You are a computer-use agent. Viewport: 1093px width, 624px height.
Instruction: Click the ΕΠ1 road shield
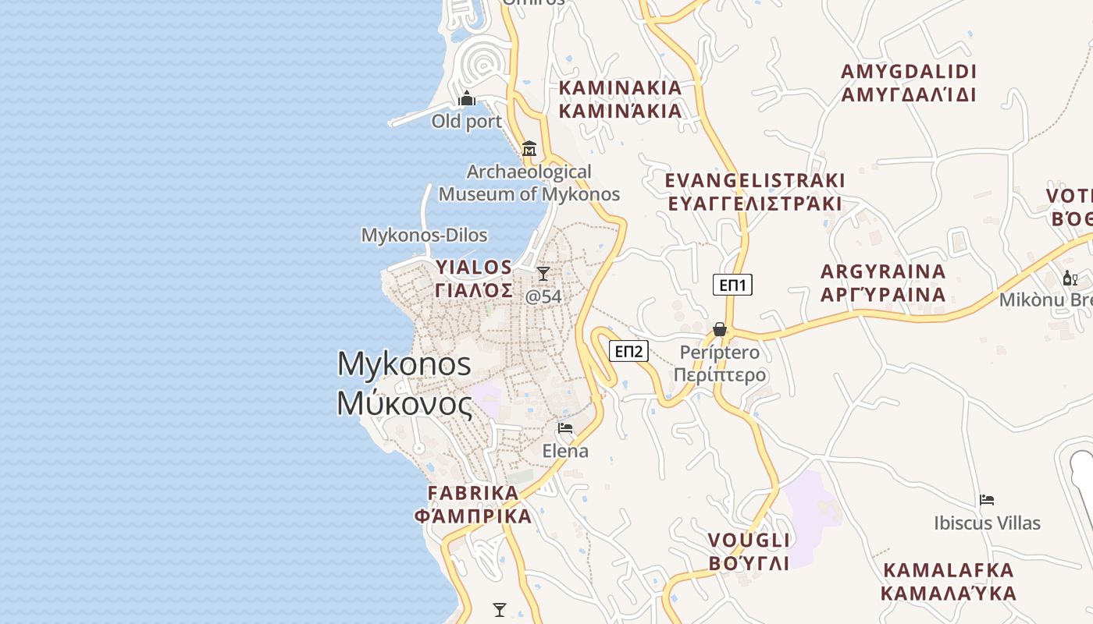pyautogui.click(x=732, y=285)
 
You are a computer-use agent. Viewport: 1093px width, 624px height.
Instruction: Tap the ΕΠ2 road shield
pyautogui.click(x=628, y=351)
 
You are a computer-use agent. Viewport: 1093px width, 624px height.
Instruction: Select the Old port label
pyautogui.click(x=467, y=122)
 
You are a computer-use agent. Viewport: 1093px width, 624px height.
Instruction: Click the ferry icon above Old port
pyautogui.click(x=468, y=98)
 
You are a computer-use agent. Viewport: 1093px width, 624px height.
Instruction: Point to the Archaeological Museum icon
pyautogui.click(x=530, y=148)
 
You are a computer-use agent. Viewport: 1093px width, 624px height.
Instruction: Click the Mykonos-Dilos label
pyautogui.click(x=424, y=235)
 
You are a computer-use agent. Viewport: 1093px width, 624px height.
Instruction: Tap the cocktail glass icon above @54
pyautogui.click(x=543, y=274)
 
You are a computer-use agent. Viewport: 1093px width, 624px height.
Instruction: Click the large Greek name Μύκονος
pyautogui.click(x=404, y=404)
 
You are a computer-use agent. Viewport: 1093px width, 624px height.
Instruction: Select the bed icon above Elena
pyautogui.click(x=565, y=428)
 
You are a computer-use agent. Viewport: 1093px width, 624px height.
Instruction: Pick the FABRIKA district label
pyautogui.click(x=473, y=493)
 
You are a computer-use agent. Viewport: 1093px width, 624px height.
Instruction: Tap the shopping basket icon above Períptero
pyautogui.click(x=720, y=329)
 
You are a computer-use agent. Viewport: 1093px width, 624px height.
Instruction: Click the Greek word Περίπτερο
pyautogui.click(x=720, y=375)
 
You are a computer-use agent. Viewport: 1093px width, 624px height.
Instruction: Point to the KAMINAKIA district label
pyautogui.click(x=621, y=87)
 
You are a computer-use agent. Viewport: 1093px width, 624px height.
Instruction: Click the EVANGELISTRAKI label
pyautogui.click(x=755, y=181)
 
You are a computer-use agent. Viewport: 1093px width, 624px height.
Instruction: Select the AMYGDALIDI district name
pyautogui.click(x=909, y=72)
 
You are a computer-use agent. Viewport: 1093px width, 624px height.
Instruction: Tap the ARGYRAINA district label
pyautogui.click(x=883, y=272)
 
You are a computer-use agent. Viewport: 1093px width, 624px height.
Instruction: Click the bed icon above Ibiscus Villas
pyautogui.click(x=987, y=500)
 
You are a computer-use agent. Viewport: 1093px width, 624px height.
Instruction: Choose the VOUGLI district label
pyautogui.click(x=749, y=541)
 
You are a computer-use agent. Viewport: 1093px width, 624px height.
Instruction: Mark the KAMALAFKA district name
pyautogui.click(x=949, y=570)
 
